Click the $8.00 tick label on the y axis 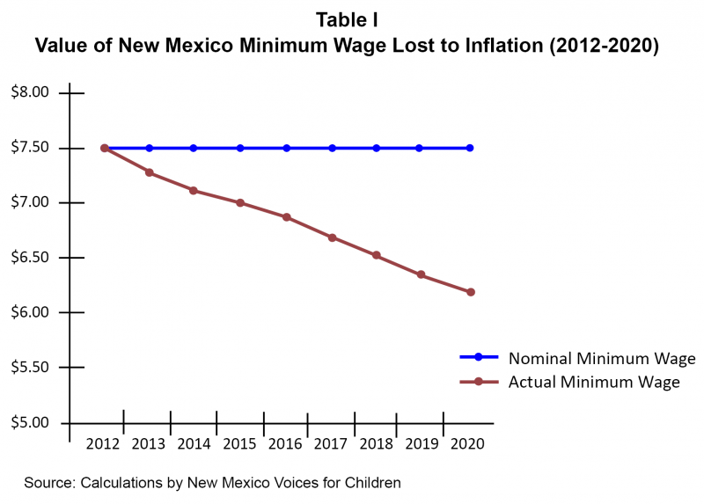coord(30,93)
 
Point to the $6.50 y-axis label coord(30,258)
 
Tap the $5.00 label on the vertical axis coord(30,423)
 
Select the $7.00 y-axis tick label coord(30,203)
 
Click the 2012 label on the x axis coord(103,443)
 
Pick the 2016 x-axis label coord(286,443)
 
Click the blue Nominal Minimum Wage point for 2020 coord(470,148)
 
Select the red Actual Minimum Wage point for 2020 coord(471,292)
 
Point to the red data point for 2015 coord(240,203)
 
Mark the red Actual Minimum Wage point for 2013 coord(150,172)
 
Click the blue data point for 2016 coord(287,148)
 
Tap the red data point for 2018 coord(377,255)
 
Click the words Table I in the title coord(352,20)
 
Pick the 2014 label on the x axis coord(194,443)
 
